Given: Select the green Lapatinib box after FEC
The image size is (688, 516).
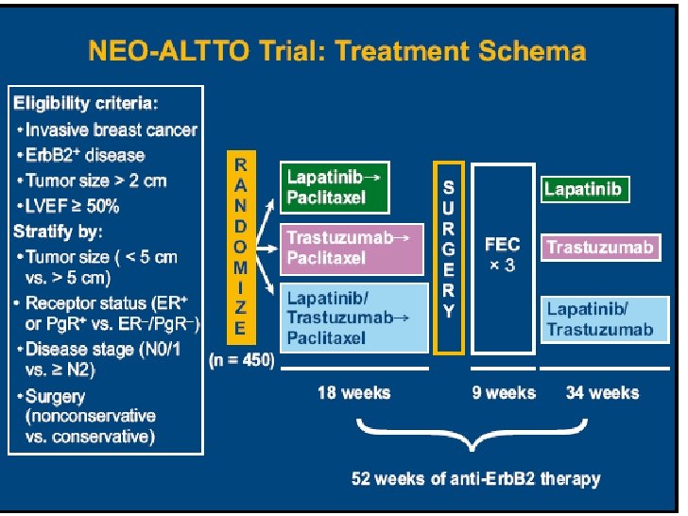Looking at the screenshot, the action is click(x=583, y=189).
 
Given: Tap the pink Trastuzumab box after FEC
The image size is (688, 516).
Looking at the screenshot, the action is click(x=599, y=248).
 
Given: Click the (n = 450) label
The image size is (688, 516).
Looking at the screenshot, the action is click(x=241, y=360).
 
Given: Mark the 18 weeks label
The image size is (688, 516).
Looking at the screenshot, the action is click(x=353, y=392).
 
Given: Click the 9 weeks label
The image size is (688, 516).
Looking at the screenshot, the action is click(x=503, y=392).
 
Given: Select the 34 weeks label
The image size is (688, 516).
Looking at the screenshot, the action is click(x=602, y=392).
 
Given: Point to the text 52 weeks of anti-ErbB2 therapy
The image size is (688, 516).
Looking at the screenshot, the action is click(x=475, y=478).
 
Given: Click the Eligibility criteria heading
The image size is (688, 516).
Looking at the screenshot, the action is click(x=86, y=102).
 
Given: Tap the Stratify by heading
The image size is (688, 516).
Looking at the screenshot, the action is click(x=59, y=231).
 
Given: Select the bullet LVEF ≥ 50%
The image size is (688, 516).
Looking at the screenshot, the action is click(x=72, y=205).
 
